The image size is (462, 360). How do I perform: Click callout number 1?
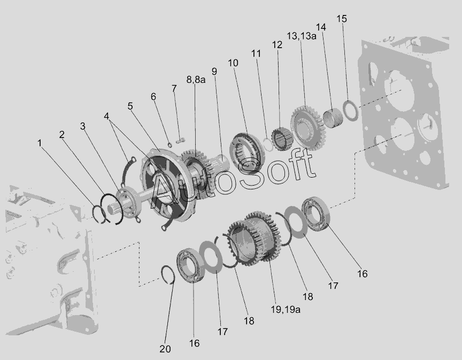pos(40,143)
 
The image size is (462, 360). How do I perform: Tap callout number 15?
pos(342,19)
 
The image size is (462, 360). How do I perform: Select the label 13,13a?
pos(302,36)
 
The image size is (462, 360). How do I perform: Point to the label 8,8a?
pos(196,80)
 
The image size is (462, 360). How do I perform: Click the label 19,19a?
pos(286,309)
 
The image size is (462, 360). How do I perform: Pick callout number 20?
pos(165,349)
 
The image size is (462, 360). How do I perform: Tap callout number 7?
pos(174,88)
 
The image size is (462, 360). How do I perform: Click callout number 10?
pos(233,63)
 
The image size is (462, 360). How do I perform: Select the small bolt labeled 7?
pos(180,141)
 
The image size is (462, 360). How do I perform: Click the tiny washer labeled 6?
pos(170,145)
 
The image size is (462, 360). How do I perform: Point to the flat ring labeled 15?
pos(351,111)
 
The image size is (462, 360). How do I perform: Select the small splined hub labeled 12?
pos(282,139)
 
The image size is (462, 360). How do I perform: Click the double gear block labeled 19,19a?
pos(255,238)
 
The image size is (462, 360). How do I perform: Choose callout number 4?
pos(106,116)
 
